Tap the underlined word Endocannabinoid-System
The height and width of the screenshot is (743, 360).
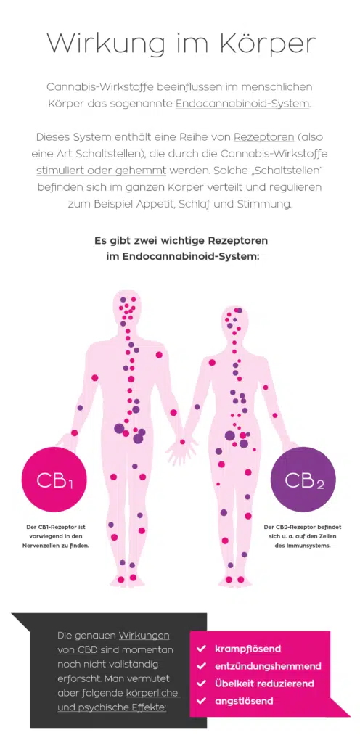tap(242, 103)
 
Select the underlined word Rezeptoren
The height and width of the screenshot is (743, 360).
tap(264, 137)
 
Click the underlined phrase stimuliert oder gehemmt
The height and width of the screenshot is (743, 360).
tap(102, 171)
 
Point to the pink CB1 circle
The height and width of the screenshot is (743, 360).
tap(55, 480)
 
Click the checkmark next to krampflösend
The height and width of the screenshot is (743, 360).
tap(201, 648)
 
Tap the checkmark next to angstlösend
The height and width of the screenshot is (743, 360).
tap(201, 700)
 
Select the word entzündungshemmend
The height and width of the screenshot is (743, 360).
tap(268, 666)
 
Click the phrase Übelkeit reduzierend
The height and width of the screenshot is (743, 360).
tap(264, 684)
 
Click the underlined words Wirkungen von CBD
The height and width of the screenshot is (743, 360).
tap(113, 642)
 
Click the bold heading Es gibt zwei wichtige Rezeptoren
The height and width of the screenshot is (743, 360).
tap(181, 240)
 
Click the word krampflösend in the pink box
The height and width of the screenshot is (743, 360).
tap(247, 649)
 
